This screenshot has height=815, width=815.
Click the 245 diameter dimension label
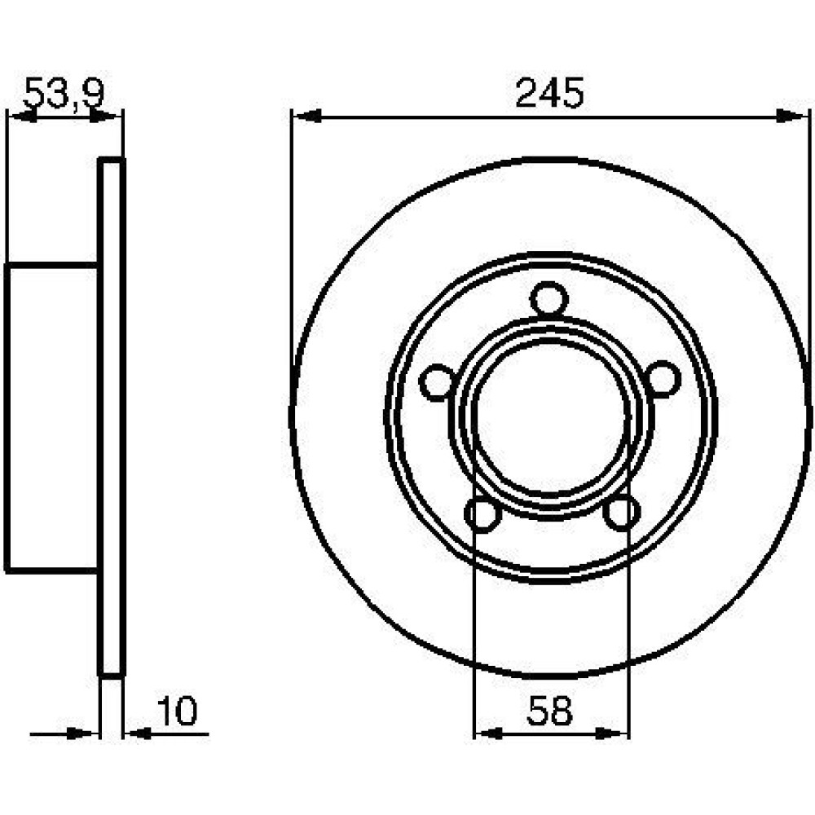(550, 94)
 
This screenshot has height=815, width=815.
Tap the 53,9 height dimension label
(64, 94)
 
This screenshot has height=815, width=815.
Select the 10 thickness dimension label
(177, 711)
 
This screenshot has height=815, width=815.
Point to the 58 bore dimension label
(549, 711)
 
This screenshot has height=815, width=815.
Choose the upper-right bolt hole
(663, 379)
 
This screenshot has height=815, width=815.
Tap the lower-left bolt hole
(482, 514)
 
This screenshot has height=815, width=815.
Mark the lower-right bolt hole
(622, 512)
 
